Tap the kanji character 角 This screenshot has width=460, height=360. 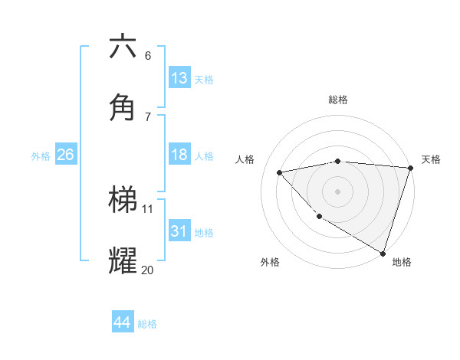point(123,107)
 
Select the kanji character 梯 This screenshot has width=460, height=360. point(123,201)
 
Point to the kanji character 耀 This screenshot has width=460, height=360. point(123,261)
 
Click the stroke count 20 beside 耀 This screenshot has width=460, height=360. point(147,270)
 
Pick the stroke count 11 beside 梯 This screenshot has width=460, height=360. point(148,208)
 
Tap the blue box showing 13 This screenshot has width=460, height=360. point(179,78)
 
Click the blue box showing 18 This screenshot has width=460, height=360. point(179,155)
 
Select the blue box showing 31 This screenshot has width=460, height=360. point(179,231)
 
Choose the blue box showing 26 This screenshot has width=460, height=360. point(65,155)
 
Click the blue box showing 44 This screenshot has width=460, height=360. point(122,322)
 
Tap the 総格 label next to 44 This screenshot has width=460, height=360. point(147,324)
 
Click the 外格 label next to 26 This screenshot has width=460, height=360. point(41,156)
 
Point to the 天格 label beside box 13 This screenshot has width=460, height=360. point(204,80)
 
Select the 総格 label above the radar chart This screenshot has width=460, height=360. point(337,100)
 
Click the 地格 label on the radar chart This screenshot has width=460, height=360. point(402,262)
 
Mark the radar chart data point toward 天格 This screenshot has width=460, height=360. point(410,168)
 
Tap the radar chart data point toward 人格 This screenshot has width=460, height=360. point(280,172)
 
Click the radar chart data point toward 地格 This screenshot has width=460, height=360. point(383,253)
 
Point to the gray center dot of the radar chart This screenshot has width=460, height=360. point(337,191)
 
